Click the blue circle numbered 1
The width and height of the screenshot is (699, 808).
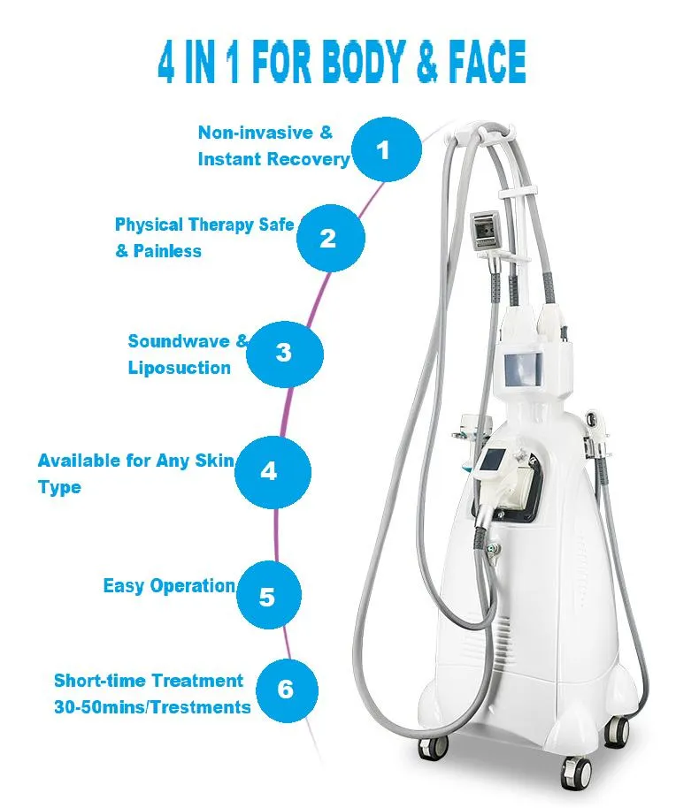pyautogui.click(x=382, y=151)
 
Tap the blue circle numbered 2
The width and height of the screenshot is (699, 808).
pyautogui.click(x=328, y=238)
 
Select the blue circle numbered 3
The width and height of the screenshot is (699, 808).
pyautogui.click(x=283, y=354)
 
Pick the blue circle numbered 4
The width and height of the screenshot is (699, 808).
pyautogui.click(x=270, y=471)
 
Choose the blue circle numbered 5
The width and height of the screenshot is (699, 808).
pyautogui.click(x=266, y=596)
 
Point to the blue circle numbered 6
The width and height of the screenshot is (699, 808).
pyautogui.click(x=284, y=688)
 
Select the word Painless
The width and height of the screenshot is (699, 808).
pyautogui.click(x=167, y=251)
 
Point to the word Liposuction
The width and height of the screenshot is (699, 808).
pyautogui.click(x=179, y=367)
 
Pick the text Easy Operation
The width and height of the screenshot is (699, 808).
pyautogui.click(x=169, y=586)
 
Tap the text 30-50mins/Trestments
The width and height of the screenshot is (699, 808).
pyautogui.click(x=152, y=706)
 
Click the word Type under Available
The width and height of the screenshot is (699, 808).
pyautogui.click(x=59, y=487)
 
